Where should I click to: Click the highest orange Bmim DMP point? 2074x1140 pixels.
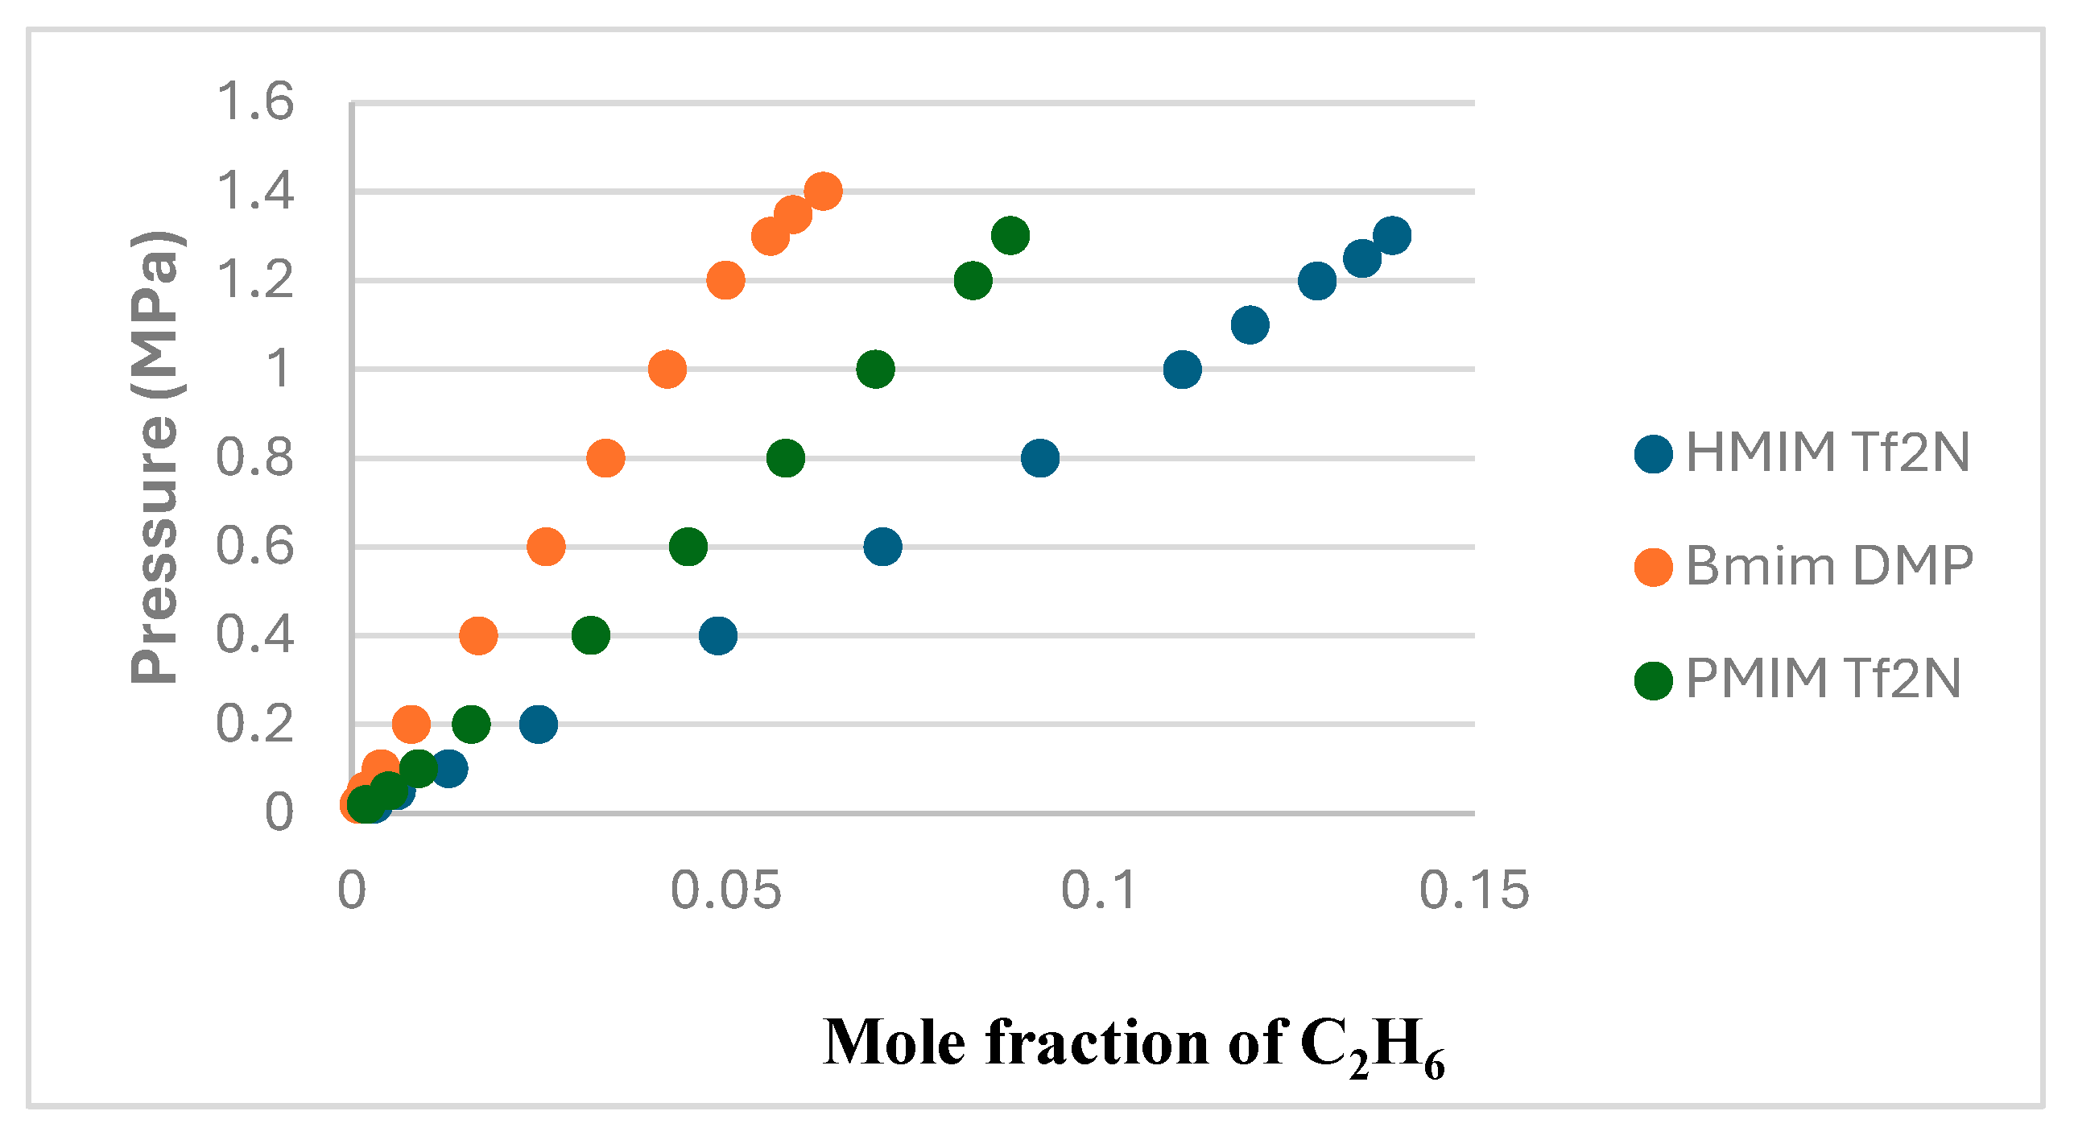(x=823, y=192)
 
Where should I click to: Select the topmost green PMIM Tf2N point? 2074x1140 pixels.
(x=1010, y=235)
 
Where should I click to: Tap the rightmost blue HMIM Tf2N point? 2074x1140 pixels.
(x=1392, y=235)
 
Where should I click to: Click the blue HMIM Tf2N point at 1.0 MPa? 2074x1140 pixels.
(x=1182, y=370)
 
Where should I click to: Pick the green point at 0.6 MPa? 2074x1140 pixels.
(x=688, y=547)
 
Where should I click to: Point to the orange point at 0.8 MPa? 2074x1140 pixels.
(x=605, y=458)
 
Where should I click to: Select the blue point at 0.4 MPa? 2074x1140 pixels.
(x=718, y=635)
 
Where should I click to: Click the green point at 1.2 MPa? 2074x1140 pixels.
(x=973, y=280)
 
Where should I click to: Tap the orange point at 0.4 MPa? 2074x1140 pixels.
(x=478, y=635)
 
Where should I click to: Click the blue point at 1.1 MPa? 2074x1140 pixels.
(x=1250, y=325)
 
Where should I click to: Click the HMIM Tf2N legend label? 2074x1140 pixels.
(x=1828, y=452)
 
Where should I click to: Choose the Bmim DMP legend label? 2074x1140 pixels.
(x=1829, y=566)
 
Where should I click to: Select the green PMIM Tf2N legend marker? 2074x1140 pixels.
(x=1654, y=680)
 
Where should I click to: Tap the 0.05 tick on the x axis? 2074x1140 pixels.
(x=725, y=891)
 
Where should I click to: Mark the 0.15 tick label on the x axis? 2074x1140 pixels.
(x=1473, y=891)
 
